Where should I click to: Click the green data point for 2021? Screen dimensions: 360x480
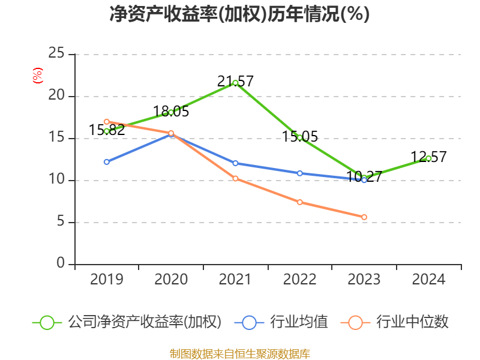click(x=235, y=83)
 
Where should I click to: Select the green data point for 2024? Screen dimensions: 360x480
click(x=428, y=158)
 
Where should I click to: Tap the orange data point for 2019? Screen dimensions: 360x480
click(x=107, y=122)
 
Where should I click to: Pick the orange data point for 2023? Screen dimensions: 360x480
click(x=364, y=217)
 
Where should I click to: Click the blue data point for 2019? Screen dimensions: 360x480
click(x=107, y=162)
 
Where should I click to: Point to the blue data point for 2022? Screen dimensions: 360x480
click(x=300, y=173)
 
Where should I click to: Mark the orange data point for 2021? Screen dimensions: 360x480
click(x=235, y=178)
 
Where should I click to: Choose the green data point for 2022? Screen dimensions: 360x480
click(x=300, y=137)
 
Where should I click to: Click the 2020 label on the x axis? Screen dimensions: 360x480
click(x=171, y=280)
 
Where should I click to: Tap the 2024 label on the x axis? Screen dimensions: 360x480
click(x=428, y=280)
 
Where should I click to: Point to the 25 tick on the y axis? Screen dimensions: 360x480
click(x=56, y=54)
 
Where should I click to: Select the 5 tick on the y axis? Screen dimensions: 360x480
click(x=61, y=222)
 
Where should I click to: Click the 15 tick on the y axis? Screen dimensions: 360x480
click(x=56, y=138)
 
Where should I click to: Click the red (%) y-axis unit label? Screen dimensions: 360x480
click(x=38, y=76)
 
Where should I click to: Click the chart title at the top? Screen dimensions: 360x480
click(x=239, y=14)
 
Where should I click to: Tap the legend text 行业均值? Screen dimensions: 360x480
click(x=299, y=322)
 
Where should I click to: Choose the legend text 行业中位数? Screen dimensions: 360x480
click(x=412, y=322)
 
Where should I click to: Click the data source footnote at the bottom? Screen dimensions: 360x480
click(x=239, y=353)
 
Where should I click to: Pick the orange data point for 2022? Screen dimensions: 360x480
click(x=300, y=202)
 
